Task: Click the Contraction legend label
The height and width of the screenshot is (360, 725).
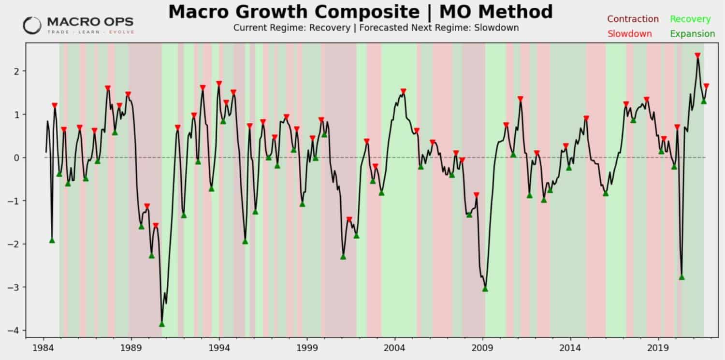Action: [x=633, y=19]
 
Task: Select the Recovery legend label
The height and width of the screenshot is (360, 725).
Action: [x=690, y=19]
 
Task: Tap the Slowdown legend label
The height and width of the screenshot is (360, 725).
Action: [x=629, y=34]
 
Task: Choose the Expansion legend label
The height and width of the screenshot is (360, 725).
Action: [x=692, y=34]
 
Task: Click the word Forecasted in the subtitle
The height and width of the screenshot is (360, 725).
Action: [x=382, y=28]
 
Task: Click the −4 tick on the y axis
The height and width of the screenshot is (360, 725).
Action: [x=14, y=331]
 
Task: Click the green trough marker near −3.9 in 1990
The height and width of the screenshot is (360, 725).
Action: [x=162, y=324]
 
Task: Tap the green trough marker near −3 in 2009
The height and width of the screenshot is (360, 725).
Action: [x=485, y=289]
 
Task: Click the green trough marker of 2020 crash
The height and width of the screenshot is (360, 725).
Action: [x=681, y=277]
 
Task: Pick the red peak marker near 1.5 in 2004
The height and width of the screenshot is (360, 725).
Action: [x=404, y=91]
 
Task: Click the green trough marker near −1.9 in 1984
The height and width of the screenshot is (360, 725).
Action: [x=52, y=240]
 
